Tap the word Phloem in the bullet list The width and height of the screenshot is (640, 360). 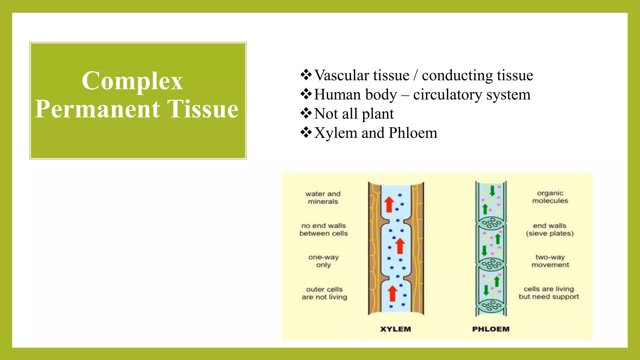pos(413,133)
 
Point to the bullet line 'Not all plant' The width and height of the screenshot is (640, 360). pos(353,114)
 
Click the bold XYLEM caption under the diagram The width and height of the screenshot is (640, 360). pos(395,329)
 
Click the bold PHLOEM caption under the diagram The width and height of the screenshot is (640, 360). pos(491,329)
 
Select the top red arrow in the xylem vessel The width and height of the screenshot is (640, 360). pos(389,204)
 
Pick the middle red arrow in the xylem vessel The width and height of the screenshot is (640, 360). pos(400,246)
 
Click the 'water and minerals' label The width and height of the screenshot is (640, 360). pos(323,197)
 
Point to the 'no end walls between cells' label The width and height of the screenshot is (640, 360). pos(323,229)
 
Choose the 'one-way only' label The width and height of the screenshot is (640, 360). pos(323,261)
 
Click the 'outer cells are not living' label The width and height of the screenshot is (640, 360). pos(324,293)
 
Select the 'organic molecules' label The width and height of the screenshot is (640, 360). pos(550,197)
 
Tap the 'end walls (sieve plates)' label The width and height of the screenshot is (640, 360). pos(550,229)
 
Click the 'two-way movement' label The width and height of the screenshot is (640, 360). pos(550,261)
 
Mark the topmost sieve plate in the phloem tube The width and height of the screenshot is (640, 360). pos(491,223)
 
